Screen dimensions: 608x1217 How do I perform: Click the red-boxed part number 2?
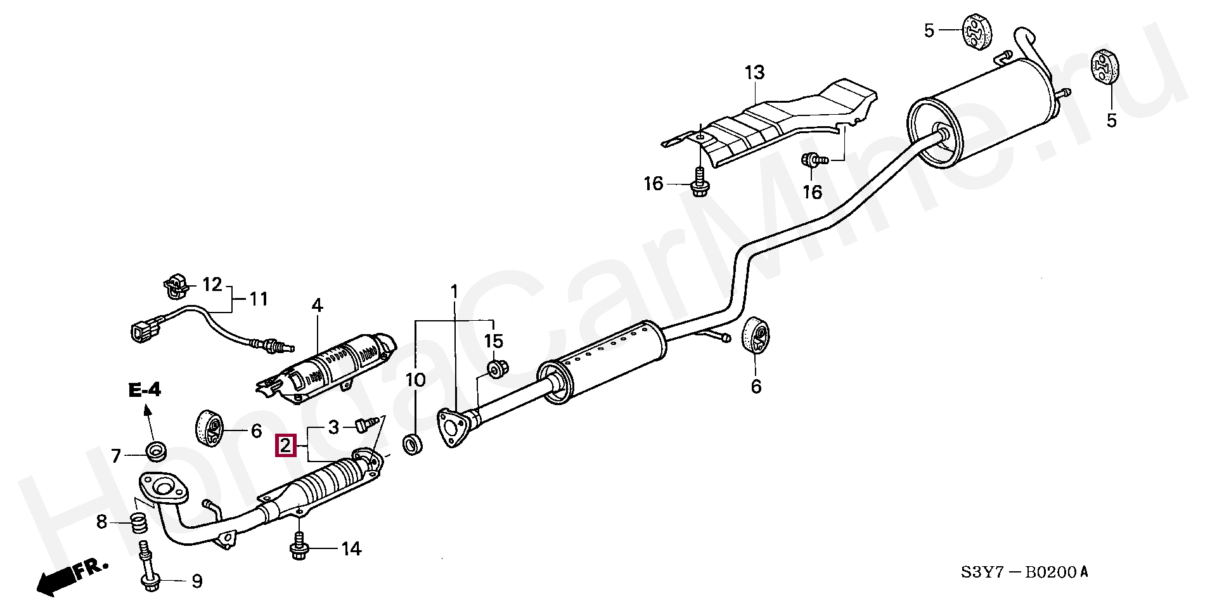[285, 446]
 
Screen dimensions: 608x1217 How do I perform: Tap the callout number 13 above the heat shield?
[754, 73]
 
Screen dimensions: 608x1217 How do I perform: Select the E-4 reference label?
[145, 391]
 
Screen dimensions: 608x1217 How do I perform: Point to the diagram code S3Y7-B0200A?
[1024, 572]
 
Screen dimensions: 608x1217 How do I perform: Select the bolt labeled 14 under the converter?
[297, 548]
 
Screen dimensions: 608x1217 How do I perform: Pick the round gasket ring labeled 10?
[413, 444]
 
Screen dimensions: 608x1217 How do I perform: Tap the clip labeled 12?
[176, 287]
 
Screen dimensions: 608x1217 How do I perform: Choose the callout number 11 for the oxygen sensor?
[258, 298]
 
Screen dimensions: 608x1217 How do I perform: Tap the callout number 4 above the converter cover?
[317, 306]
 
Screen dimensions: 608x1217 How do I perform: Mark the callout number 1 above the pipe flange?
[454, 292]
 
